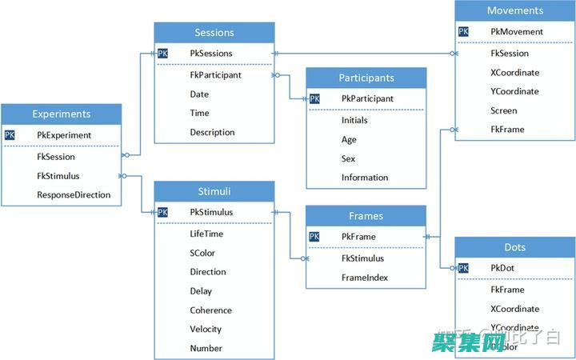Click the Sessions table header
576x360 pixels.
click(x=214, y=33)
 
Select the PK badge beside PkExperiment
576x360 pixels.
click(x=10, y=135)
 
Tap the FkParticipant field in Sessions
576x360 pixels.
click(x=215, y=75)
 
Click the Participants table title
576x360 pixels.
click(x=366, y=78)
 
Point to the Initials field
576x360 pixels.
click(x=354, y=119)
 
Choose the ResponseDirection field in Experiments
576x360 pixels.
click(x=74, y=194)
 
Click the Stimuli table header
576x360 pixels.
click(x=214, y=191)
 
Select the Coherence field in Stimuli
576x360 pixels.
click(x=210, y=310)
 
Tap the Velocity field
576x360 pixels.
click(x=206, y=329)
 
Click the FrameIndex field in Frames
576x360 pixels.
click(x=364, y=278)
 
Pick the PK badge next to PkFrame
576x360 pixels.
click(x=314, y=237)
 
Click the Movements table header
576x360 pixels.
click(x=514, y=11)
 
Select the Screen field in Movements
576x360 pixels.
click(x=503, y=110)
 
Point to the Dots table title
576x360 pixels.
click(x=514, y=247)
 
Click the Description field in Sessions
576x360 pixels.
click(x=212, y=132)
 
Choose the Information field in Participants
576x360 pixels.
click(x=364, y=178)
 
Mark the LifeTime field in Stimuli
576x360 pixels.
click(x=206, y=234)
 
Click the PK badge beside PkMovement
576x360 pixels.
click(x=464, y=32)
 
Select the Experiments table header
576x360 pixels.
click(x=62, y=114)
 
